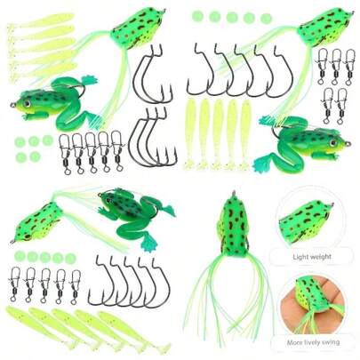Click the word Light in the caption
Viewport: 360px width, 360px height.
[301, 259]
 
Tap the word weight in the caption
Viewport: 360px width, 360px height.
[325, 259]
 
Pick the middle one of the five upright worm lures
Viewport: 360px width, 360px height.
[216, 132]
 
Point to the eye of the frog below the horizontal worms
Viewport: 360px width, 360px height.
[24, 101]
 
